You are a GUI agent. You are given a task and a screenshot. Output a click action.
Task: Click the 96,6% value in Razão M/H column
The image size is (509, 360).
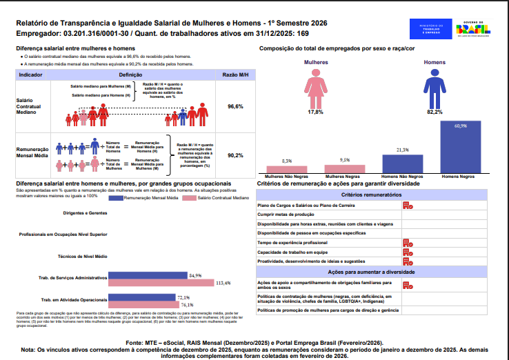pos(235,107)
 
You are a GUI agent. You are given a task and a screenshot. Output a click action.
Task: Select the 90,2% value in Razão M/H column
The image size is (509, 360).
pos(235,155)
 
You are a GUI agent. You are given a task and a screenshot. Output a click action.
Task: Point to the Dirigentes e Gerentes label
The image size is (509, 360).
pos(86,214)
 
